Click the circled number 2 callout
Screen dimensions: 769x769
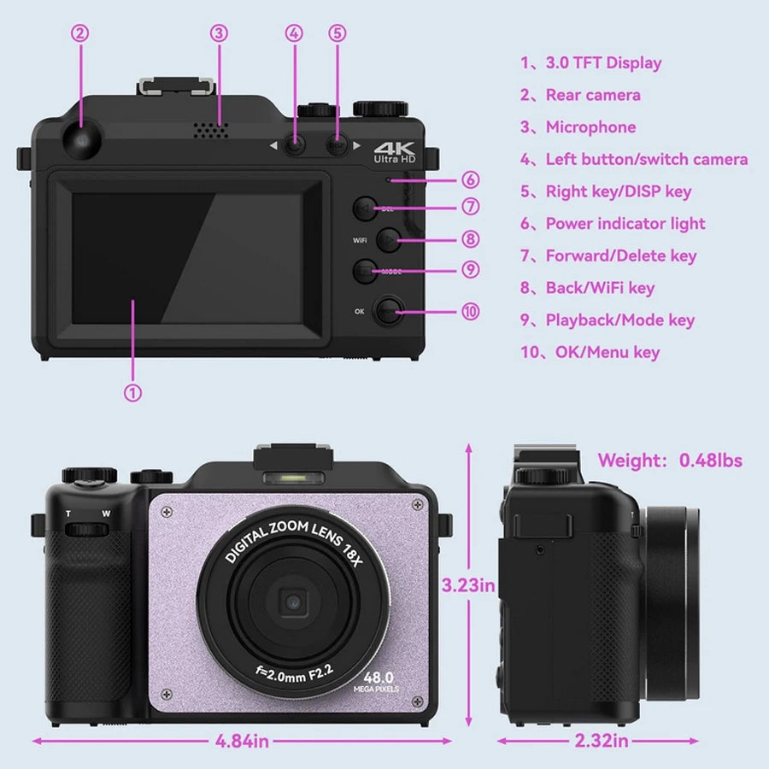point(79,33)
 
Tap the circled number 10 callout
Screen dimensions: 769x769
point(470,311)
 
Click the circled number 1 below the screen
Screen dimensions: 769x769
point(132,392)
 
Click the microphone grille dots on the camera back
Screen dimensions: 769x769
point(209,130)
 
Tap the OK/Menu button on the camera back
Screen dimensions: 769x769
point(390,311)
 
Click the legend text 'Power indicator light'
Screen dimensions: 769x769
point(625,224)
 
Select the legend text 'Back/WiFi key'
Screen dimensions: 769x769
point(600,288)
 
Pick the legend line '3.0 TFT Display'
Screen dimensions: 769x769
point(603,62)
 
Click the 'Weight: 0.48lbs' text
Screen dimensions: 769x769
point(670,461)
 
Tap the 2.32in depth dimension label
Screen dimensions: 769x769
point(601,741)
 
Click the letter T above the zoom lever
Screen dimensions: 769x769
point(68,514)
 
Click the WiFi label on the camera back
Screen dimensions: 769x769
point(360,240)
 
